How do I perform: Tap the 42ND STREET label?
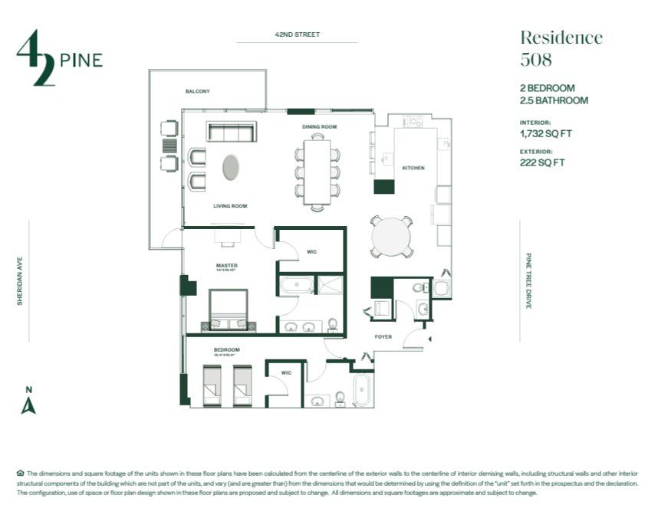[297, 34]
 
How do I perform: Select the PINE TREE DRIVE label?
[528, 281]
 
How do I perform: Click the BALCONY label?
[197, 91]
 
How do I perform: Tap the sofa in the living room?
[230, 133]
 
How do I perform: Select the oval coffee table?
[231, 167]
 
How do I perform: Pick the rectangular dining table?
[316, 172]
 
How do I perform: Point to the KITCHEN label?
[413, 168]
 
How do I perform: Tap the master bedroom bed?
[229, 311]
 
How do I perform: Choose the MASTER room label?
[226, 266]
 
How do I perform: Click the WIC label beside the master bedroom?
[311, 251]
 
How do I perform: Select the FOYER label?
[383, 336]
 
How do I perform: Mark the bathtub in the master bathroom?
[295, 287]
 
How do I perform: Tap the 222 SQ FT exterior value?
[541, 162]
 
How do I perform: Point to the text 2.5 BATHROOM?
[554, 100]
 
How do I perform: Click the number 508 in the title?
[536, 59]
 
